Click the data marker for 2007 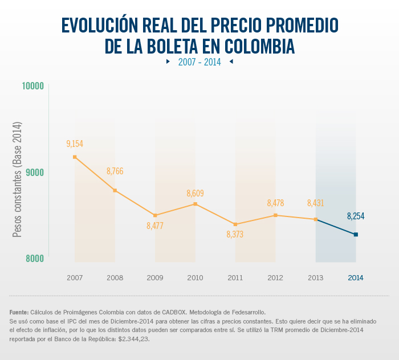point(75,157)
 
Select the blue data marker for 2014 point(356,234)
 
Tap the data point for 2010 point(195,204)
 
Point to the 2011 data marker point(235,224)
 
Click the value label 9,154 point(75,144)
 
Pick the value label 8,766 point(115,171)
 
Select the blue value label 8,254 point(356,216)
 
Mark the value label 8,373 point(235,234)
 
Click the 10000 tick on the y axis point(32,86)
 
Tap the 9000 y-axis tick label point(34,172)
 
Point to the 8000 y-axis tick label point(34,258)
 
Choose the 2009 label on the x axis point(154,278)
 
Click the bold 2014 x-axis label point(356,278)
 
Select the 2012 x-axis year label point(275,278)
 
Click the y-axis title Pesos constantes point(17,179)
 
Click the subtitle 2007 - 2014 point(199,62)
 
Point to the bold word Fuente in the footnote point(19,312)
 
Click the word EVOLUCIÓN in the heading point(105,25)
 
